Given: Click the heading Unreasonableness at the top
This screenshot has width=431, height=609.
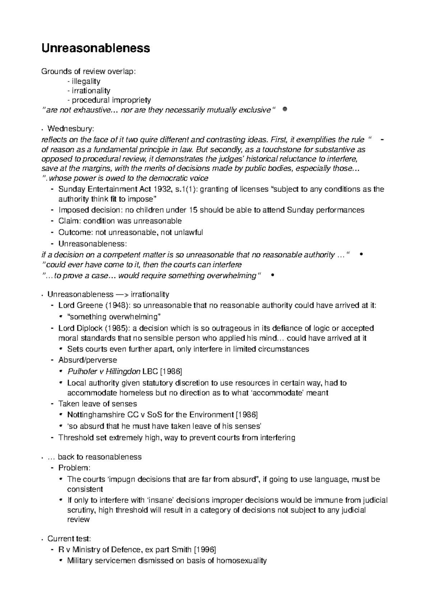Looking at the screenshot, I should click(x=96, y=48).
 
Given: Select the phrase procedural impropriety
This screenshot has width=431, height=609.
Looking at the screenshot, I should click(x=111, y=100).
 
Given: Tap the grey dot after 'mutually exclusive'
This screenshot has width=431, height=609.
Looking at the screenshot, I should click(x=284, y=109).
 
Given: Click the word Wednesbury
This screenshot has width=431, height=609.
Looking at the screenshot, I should click(x=71, y=128).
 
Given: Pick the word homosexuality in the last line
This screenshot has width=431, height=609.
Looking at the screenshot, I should click(x=241, y=561).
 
